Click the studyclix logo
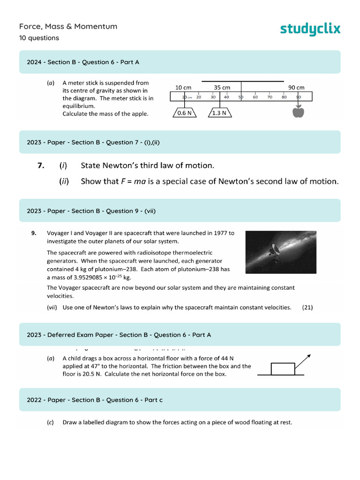(x=310, y=29)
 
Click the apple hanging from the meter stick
(x=298, y=112)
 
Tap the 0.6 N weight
(x=184, y=113)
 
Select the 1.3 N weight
(x=219, y=113)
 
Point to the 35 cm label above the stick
(x=222, y=88)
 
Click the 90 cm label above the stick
(x=296, y=88)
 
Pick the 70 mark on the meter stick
(x=270, y=97)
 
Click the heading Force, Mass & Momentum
(x=68, y=26)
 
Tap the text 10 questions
(x=39, y=38)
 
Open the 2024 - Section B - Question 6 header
(x=83, y=62)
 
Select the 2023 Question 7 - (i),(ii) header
(x=93, y=142)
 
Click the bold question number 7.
(x=41, y=165)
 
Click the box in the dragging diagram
(x=283, y=369)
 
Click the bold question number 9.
(x=34, y=233)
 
